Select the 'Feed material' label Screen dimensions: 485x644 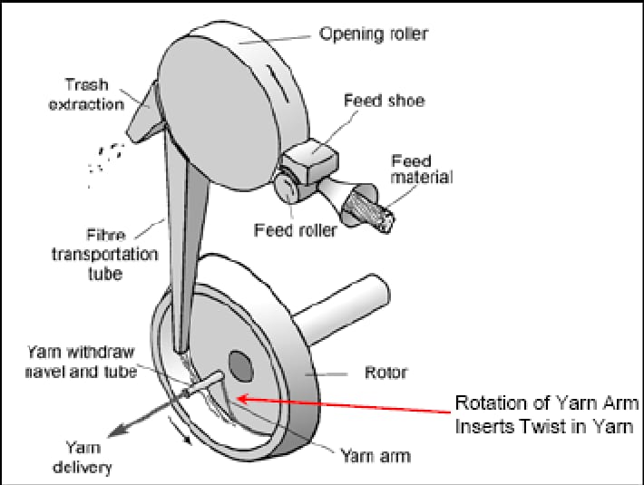coord(421,169)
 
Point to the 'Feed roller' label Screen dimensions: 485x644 coord(294,231)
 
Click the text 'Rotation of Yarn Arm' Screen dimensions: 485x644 coord(547,403)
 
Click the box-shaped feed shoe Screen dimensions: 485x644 coord(308,163)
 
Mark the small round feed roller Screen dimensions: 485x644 coord(286,189)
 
